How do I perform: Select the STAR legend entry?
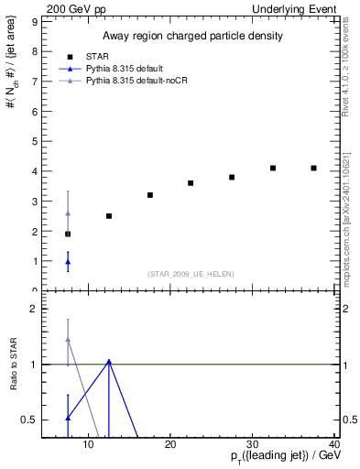99,56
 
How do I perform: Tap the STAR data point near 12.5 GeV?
109,216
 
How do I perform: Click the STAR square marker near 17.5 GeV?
150,195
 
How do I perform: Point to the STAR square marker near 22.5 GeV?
191,183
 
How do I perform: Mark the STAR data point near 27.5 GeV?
232,177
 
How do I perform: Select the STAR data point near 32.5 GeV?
273,169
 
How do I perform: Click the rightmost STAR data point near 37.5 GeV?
313,169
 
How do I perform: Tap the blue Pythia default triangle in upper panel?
68,262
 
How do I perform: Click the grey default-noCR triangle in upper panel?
68,213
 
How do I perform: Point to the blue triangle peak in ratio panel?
109,362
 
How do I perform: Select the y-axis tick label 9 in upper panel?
35,21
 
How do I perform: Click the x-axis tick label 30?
253,446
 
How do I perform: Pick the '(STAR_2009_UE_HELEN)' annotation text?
190,274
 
